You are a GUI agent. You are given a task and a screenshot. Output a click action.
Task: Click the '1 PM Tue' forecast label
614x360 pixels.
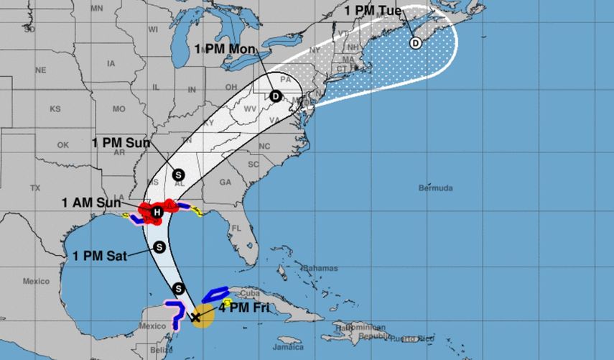372,11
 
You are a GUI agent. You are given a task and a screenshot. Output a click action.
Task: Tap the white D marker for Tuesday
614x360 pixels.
415,42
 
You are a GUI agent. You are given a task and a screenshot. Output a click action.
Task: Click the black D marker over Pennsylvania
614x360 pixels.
275,96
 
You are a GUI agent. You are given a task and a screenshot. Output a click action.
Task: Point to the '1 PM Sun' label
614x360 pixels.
121,142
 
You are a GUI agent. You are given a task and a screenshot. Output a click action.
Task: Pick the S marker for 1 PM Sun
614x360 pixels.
178,174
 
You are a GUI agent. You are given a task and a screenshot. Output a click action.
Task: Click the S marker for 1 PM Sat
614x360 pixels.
159,247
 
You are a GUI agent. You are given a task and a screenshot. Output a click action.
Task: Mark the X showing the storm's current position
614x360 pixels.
196,316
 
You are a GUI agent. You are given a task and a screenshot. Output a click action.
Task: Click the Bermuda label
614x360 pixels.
435,188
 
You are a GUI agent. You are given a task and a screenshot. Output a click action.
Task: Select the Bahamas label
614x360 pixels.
321,268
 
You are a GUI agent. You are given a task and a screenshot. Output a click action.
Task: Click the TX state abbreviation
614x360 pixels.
34,188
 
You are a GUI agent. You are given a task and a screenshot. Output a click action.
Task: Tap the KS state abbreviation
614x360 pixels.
55,109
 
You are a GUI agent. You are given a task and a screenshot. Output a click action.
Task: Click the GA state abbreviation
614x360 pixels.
225,183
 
